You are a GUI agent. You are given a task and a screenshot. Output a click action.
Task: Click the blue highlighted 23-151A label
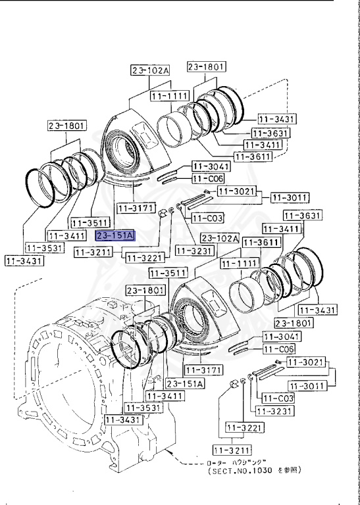(115, 235)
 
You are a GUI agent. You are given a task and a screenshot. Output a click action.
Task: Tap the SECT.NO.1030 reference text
(253, 471)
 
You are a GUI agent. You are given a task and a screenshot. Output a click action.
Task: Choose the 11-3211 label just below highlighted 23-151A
(92, 251)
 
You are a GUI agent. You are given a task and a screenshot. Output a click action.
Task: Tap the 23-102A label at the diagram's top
(150, 70)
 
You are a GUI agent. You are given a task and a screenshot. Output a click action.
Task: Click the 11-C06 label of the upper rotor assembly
(208, 178)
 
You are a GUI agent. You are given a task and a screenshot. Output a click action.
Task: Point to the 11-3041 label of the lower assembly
(279, 336)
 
